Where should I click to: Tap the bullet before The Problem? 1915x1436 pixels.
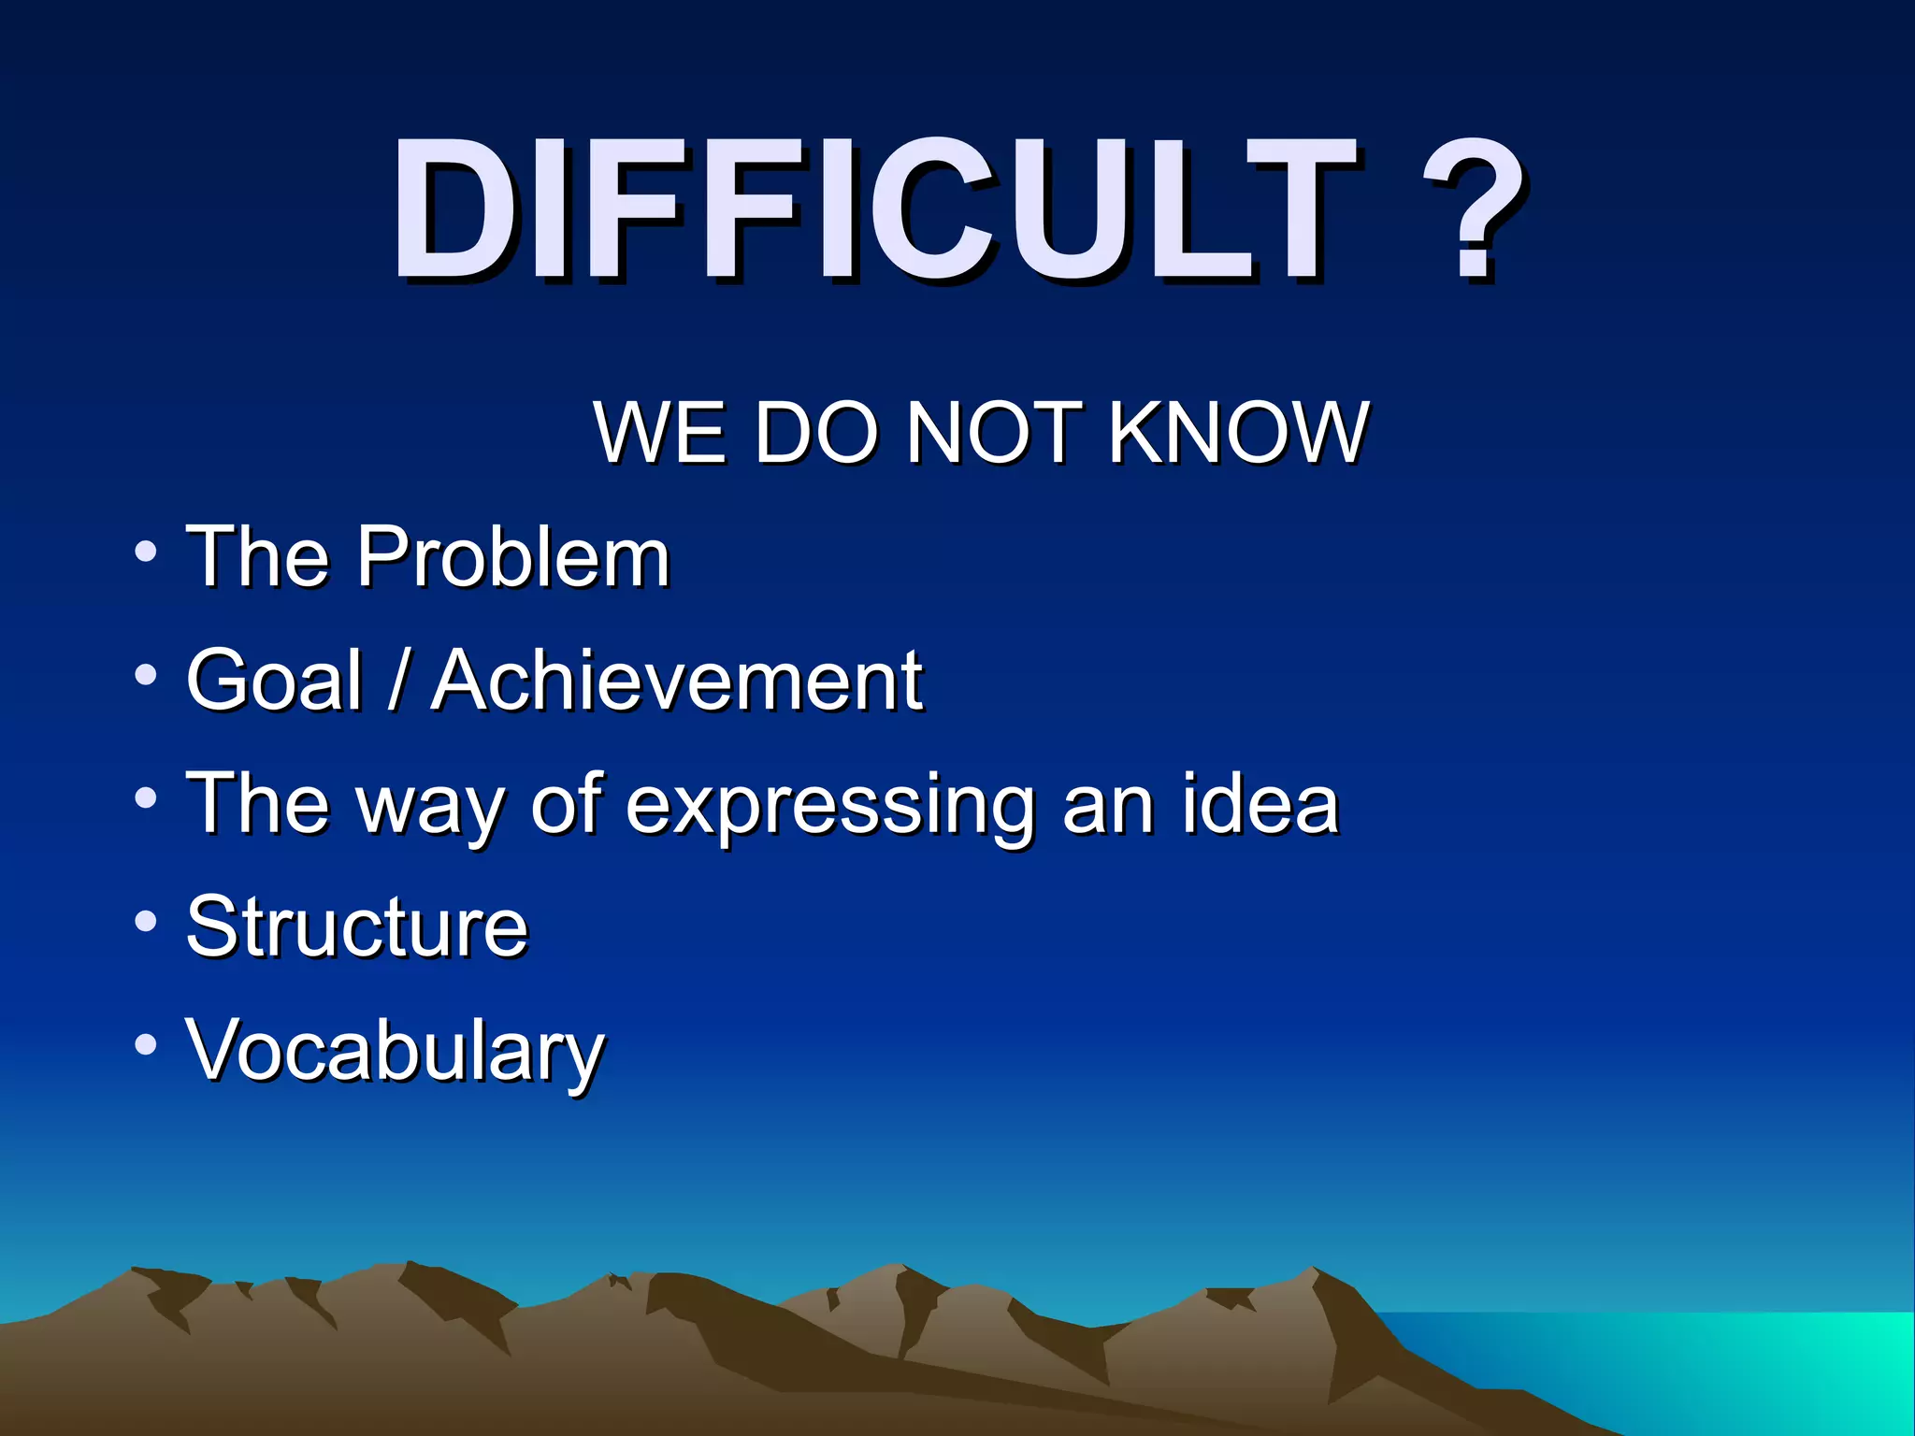145,552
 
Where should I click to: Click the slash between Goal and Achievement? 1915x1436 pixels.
397,681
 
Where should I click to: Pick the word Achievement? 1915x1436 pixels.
678,681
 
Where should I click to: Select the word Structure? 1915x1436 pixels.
357,927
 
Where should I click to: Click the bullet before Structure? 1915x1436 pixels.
145,922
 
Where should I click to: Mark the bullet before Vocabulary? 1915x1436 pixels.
145,1044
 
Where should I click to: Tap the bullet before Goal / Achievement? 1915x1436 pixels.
145,675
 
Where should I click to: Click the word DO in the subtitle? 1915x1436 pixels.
816,432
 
